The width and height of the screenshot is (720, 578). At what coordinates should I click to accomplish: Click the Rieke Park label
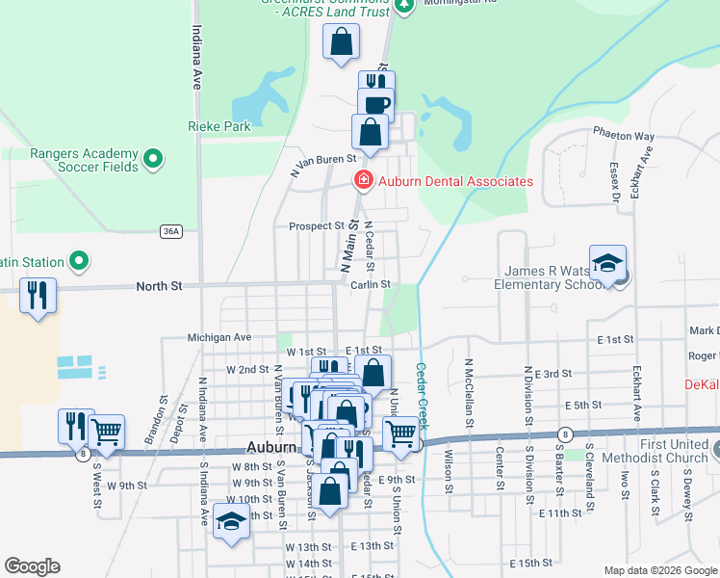tap(218, 126)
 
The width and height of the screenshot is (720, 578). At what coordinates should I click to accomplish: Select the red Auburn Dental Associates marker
tap(363, 179)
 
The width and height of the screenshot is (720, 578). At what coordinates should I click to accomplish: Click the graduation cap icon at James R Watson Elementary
tap(608, 263)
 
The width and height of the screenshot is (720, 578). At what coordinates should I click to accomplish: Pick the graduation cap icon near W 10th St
tap(231, 520)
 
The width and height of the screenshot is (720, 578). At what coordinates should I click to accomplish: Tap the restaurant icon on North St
tap(38, 295)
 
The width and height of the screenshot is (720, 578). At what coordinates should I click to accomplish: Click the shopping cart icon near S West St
tap(106, 432)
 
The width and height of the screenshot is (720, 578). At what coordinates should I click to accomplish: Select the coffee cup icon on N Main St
tap(376, 104)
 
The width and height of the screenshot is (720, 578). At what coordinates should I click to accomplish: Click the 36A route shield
tap(171, 231)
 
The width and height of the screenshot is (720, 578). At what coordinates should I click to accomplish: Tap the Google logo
tap(32, 566)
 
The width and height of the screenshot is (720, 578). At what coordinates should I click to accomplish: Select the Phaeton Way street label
tap(623, 137)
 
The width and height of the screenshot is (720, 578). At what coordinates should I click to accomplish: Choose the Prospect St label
tap(317, 226)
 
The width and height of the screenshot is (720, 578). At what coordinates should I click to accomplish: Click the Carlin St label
tap(370, 284)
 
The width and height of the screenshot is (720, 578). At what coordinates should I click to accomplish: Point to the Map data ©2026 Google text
tap(659, 570)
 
